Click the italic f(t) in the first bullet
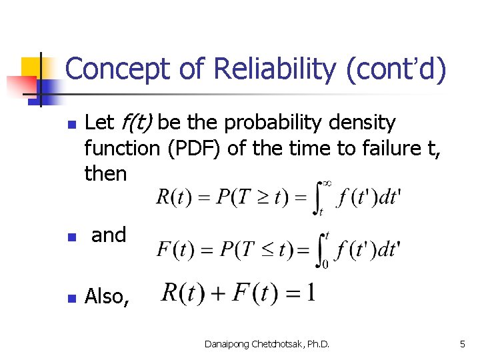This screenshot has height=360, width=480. [x=137, y=123]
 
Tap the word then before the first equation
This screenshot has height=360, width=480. [x=105, y=173]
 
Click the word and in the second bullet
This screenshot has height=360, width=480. [x=109, y=235]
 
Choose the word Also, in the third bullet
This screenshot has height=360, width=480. [x=107, y=296]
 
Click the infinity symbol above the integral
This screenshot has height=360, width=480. [x=327, y=182]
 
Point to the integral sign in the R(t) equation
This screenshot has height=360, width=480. [x=318, y=197]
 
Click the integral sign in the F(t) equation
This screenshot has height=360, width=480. [x=319, y=250]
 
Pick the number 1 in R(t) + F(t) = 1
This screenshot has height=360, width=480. [x=310, y=293]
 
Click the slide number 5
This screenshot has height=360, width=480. [x=462, y=344]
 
